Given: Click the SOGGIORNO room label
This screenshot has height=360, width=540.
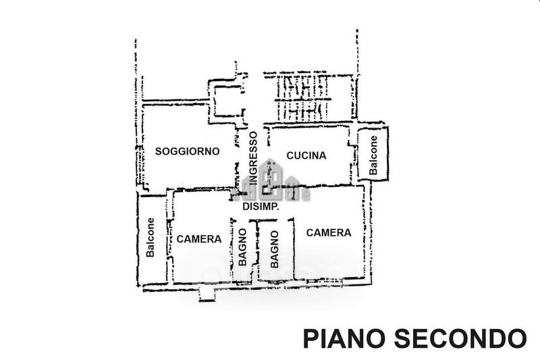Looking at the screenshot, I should (x=187, y=151).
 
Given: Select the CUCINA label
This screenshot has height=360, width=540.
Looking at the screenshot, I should (x=306, y=155).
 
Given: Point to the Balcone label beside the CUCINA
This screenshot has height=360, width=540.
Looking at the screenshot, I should (x=373, y=154).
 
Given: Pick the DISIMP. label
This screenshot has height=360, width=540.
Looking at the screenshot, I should (x=261, y=207).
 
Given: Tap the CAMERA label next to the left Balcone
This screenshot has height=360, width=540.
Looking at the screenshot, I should (x=198, y=239).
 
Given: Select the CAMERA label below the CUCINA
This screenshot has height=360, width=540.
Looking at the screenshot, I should (x=329, y=232).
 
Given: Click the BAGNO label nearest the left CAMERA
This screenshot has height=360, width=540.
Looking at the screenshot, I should (x=242, y=246).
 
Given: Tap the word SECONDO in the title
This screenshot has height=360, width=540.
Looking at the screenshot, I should (x=459, y=337).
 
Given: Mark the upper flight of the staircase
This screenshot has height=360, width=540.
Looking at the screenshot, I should (x=304, y=86).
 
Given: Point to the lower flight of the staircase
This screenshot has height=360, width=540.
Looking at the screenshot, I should (x=304, y=110).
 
